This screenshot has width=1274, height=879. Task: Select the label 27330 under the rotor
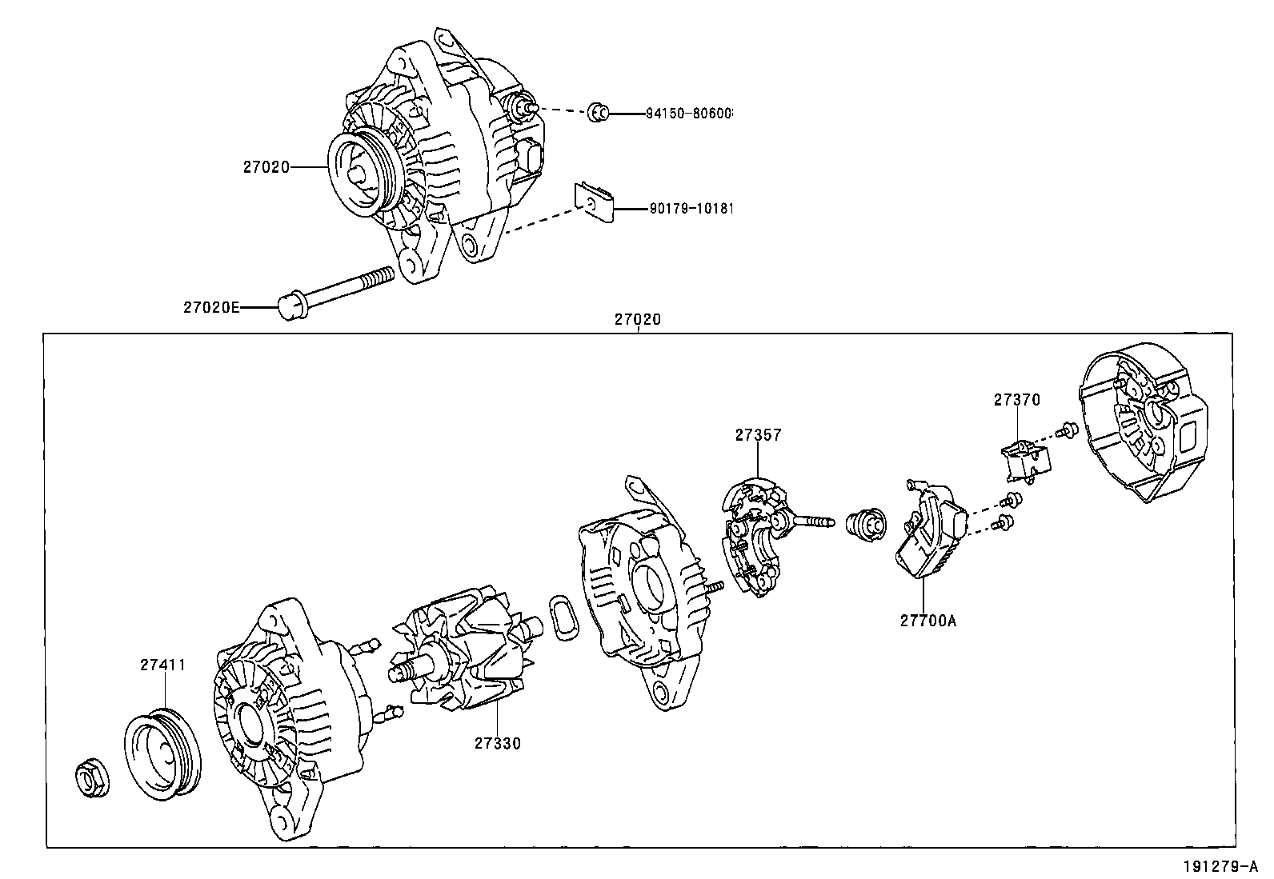pos(497,743)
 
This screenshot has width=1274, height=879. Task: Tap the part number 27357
pos(758,435)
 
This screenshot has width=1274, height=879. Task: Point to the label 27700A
pos(927,620)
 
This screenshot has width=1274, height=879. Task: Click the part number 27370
pos(1017,400)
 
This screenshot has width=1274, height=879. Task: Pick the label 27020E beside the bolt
pos(211,307)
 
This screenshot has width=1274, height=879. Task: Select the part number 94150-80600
pos(689,114)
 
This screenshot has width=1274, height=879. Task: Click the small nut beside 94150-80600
pos(597,112)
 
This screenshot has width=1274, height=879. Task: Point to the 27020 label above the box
pos(637,319)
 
